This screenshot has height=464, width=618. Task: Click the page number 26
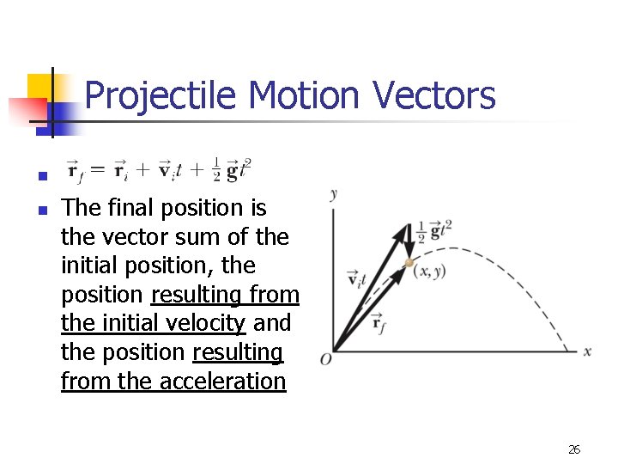[574, 449]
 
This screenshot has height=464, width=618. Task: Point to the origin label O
[326, 358]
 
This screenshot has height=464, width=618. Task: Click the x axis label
[588, 351]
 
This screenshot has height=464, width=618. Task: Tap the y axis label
[333, 195]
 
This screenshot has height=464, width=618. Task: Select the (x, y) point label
[429, 272]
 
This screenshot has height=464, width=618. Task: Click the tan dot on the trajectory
[409, 261]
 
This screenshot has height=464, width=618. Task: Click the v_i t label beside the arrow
[356, 278]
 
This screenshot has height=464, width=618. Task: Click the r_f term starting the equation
[75, 170]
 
